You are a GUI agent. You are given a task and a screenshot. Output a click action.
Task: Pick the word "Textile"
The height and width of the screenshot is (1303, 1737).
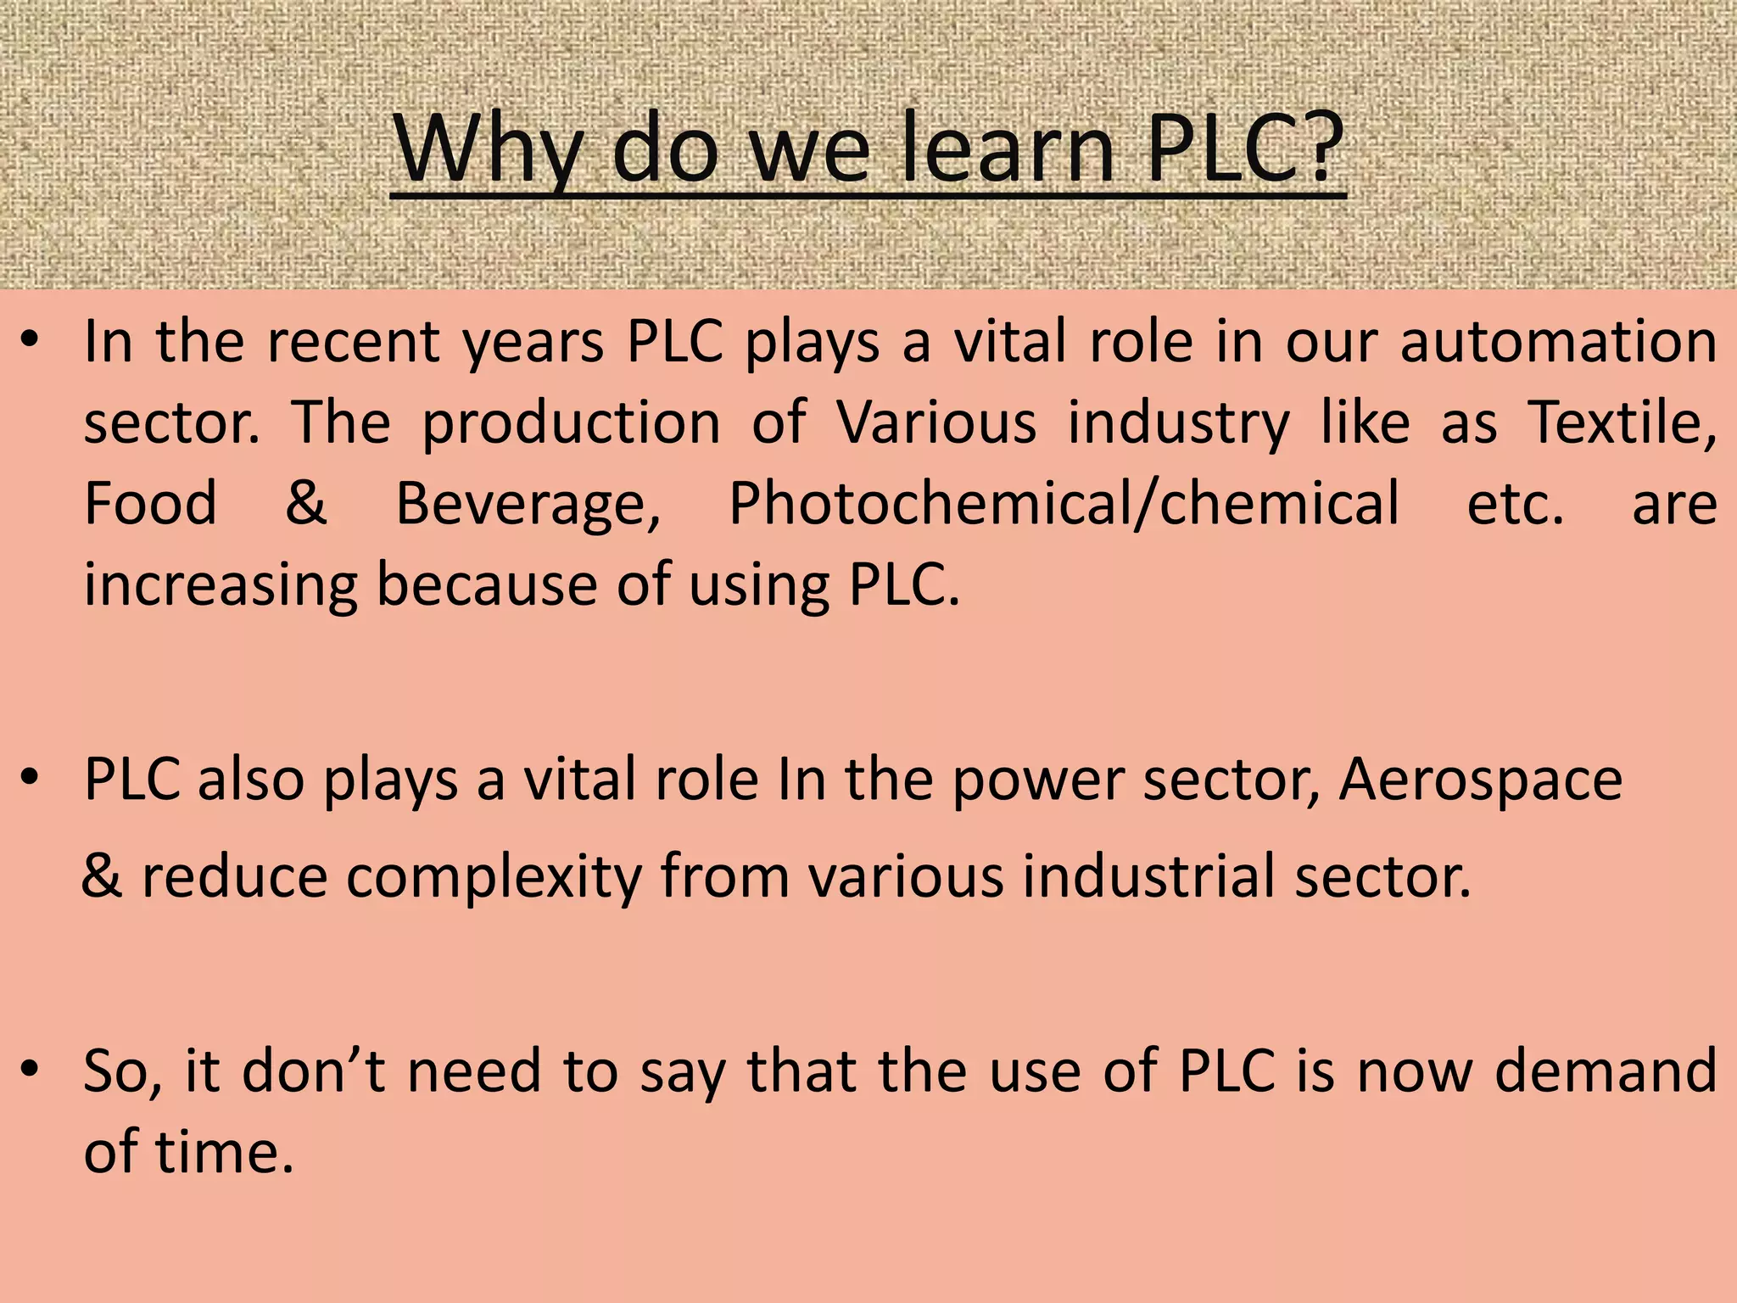(x=1622, y=422)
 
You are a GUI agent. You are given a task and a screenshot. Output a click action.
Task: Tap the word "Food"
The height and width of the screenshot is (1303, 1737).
(x=151, y=503)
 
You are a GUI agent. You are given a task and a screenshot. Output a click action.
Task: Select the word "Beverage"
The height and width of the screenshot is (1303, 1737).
(x=528, y=505)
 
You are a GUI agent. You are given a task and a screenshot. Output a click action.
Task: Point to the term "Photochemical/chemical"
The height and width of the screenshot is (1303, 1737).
(x=1064, y=503)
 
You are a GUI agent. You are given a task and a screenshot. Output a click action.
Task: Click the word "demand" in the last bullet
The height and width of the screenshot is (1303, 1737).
(x=1606, y=1071)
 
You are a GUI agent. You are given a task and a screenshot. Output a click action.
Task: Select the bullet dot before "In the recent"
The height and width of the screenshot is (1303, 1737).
(x=31, y=340)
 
